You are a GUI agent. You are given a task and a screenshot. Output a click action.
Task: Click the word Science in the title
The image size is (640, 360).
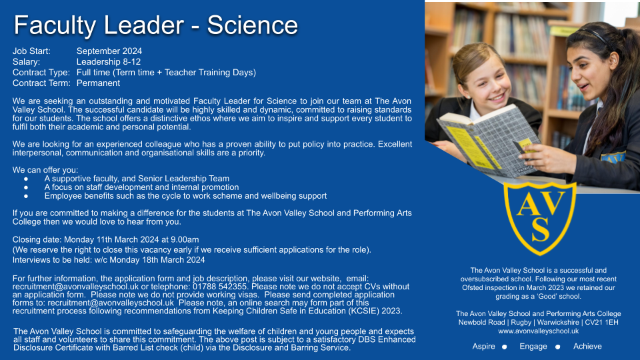point(252,25)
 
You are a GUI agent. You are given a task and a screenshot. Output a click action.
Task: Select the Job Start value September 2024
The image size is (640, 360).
point(109,51)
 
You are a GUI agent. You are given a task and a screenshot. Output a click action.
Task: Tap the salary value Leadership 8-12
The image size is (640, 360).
point(109,61)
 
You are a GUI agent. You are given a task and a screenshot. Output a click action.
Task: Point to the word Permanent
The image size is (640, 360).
point(99,83)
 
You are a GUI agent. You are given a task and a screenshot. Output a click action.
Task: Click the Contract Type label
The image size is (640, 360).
point(41,73)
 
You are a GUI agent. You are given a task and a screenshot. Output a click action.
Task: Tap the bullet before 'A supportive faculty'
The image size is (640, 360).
point(26,179)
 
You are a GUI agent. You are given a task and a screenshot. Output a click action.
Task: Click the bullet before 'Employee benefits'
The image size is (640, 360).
point(26,196)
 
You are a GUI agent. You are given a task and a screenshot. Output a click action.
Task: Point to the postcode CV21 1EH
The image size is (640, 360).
point(601,323)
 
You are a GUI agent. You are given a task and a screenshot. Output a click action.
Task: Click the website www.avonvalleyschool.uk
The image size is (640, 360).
point(539,331)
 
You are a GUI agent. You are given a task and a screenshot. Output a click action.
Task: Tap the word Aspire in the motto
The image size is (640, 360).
point(484,347)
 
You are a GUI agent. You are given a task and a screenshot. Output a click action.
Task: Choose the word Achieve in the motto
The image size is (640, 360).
point(587,347)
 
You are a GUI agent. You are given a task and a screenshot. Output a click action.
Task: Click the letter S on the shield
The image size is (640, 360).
point(540,229)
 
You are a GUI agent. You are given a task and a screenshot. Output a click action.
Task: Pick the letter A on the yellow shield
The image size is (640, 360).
point(527,204)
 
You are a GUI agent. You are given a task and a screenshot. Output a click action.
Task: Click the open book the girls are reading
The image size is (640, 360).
point(489,140)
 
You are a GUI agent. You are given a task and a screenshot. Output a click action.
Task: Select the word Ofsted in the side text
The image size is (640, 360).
point(473,288)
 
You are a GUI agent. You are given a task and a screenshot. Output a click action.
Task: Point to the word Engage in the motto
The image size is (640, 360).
point(533,347)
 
